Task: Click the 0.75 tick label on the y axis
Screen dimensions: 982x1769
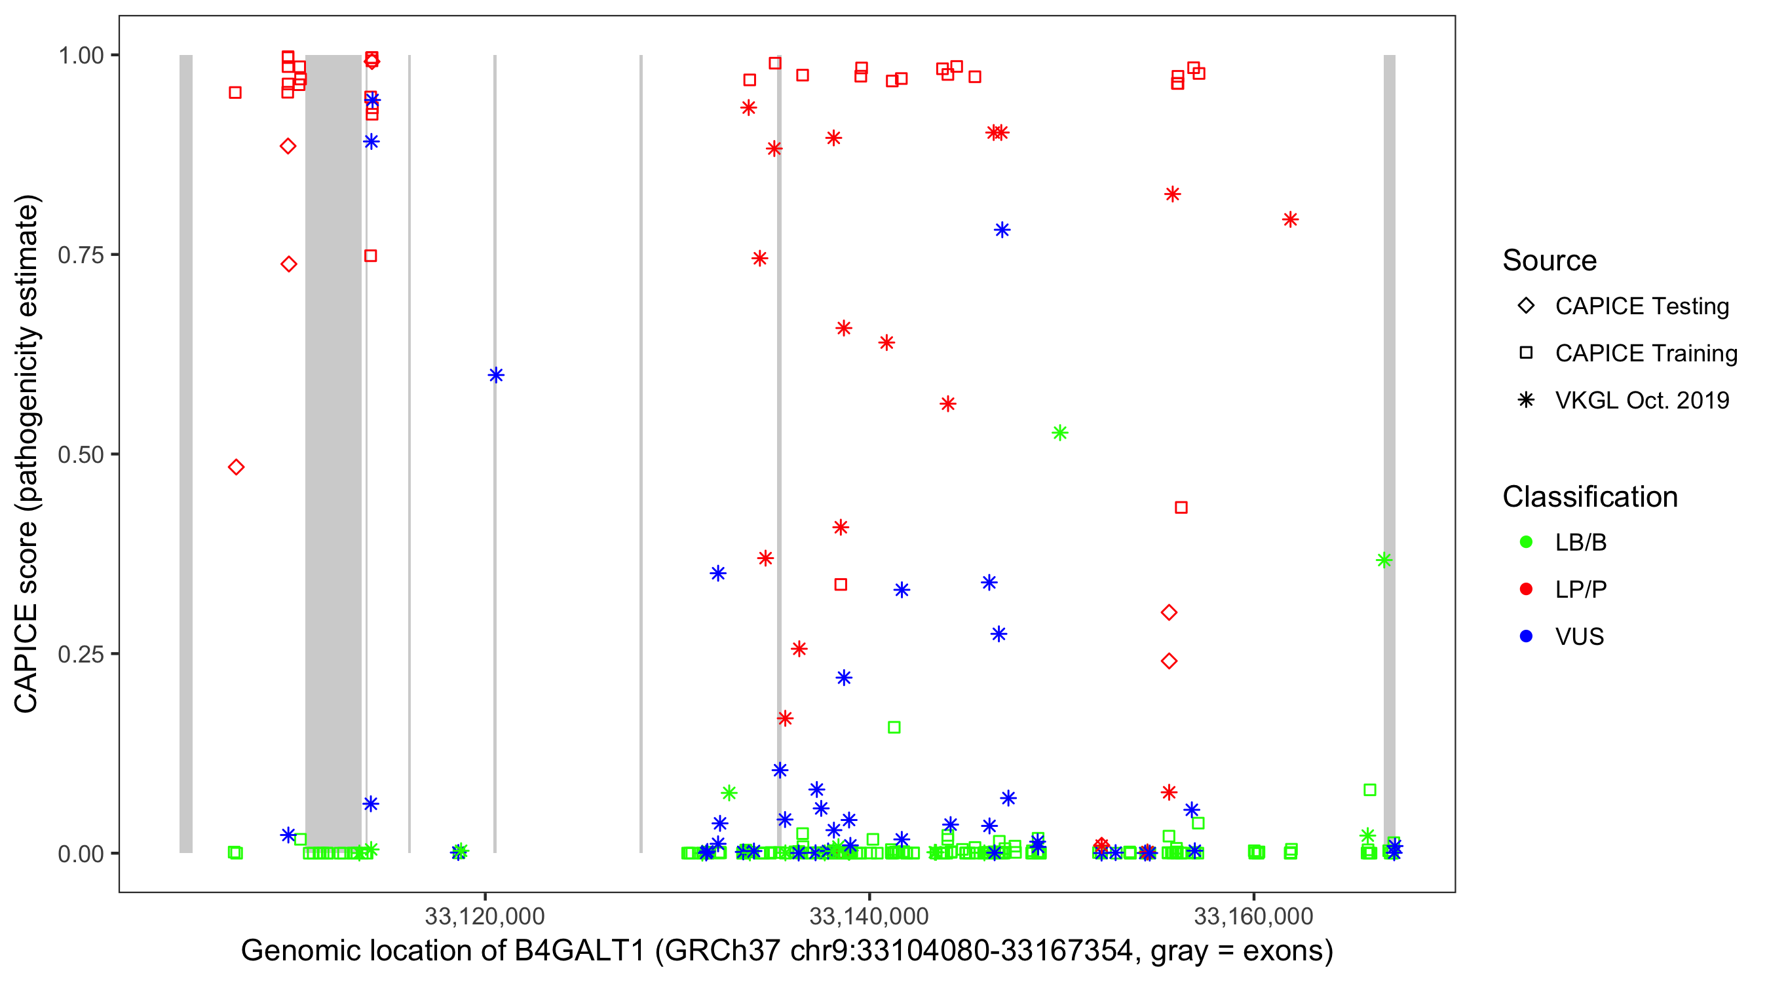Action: click(x=80, y=255)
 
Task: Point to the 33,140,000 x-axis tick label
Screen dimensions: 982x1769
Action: click(x=869, y=916)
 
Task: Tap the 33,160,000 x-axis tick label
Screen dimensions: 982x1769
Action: click(x=1253, y=916)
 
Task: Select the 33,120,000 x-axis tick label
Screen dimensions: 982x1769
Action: click(x=485, y=916)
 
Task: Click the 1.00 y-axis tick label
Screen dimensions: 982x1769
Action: click(x=80, y=56)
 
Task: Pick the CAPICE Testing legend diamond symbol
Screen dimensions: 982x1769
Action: click(x=1526, y=306)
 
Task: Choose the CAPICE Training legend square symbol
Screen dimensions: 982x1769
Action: click(x=1526, y=354)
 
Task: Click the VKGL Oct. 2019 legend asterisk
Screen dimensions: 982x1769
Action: click(x=1526, y=400)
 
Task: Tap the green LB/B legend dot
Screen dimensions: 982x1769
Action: click(x=1526, y=542)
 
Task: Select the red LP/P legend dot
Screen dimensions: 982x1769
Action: click(x=1526, y=589)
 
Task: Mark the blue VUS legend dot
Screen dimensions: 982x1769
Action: click(x=1526, y=637)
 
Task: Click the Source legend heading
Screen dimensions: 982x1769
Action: click(x=1550, y=261)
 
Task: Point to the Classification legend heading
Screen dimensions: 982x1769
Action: click(x=1589, y=497)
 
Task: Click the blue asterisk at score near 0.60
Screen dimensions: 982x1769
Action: click(x=496, y=375)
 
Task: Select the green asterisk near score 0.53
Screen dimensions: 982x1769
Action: click(x=1059, y=433)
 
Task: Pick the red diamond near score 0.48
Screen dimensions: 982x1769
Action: click(x=237, y=467)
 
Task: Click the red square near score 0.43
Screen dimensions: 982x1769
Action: click(x=1181, y=508)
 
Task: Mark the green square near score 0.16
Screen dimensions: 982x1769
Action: click(x=894, y=727)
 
